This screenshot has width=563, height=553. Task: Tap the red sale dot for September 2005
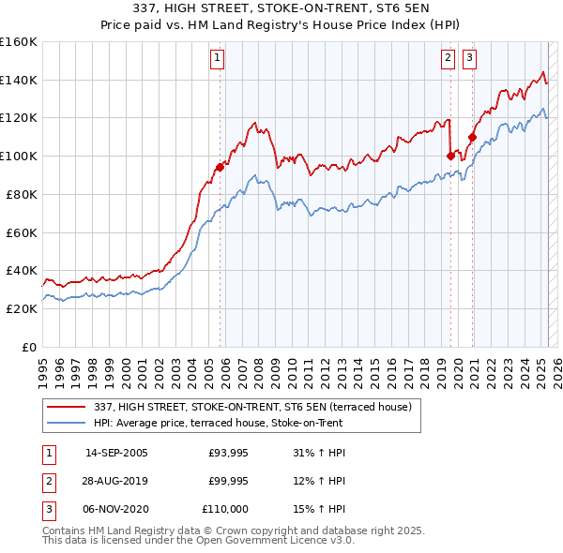click(220, 167)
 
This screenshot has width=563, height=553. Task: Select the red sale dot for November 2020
click(472, 137)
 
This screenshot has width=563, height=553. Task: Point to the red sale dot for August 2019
click(451, 156)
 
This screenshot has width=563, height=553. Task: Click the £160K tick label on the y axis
click(19, 42)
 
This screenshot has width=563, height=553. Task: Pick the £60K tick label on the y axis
click(22, 232)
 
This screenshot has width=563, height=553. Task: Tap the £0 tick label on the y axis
click(28, 347)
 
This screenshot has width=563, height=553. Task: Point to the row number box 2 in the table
click(47, 481)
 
